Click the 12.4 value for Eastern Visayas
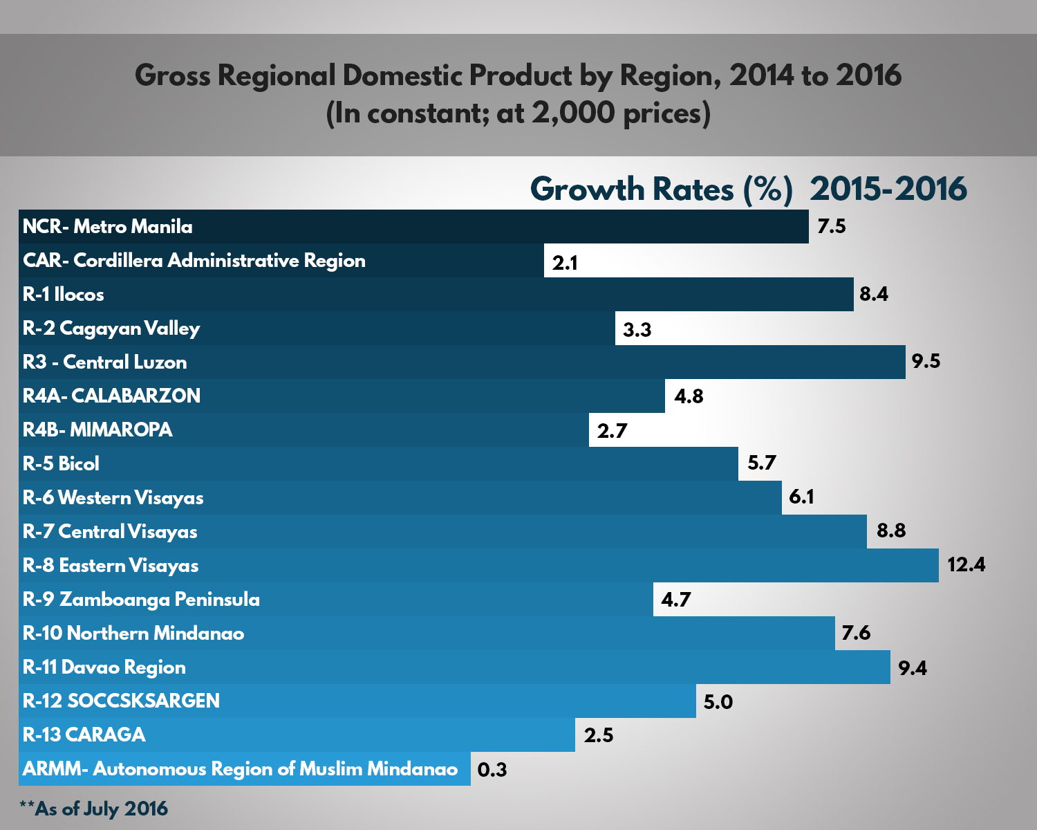pyautogui.click(x=966, y=564)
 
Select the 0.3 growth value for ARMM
pyautogui.click(x=492, y=769)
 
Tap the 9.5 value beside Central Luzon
pyautogui.click(x=926, y=361)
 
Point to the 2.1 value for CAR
pyautogui.click(x=565, y=263)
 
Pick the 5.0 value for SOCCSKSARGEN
pyautogui.click(x=718, y=702)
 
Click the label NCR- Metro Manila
pyautogui.click(x=108, y=226)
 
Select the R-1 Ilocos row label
pyautogui.click(x=64, y=294)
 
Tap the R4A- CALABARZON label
pyautogui.click(x=112, y=396)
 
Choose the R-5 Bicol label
pyautogui.click(x=61, y=463)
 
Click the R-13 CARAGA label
pyautogui.click(x=84, y=735)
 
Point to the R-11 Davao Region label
pyautogui.click(x=104, y=667)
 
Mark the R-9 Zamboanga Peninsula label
pyautogui.click(x=141, y=599)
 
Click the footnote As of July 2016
pyautogui.click(x=94, y=809)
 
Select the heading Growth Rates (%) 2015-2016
pyautogui.click(x=748, y=189)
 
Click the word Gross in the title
pyautogui.click(x=172, y=75)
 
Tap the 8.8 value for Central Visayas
pyautogui.click(x=890, y=531)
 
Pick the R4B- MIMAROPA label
pyautogui.click(x=97, y=430)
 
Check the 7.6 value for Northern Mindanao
pyautogui.click(x=856, y=633)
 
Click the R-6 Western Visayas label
pyautogui.click(x=113, y=497)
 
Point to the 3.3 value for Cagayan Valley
pyautogui.click(x=637, y=329)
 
